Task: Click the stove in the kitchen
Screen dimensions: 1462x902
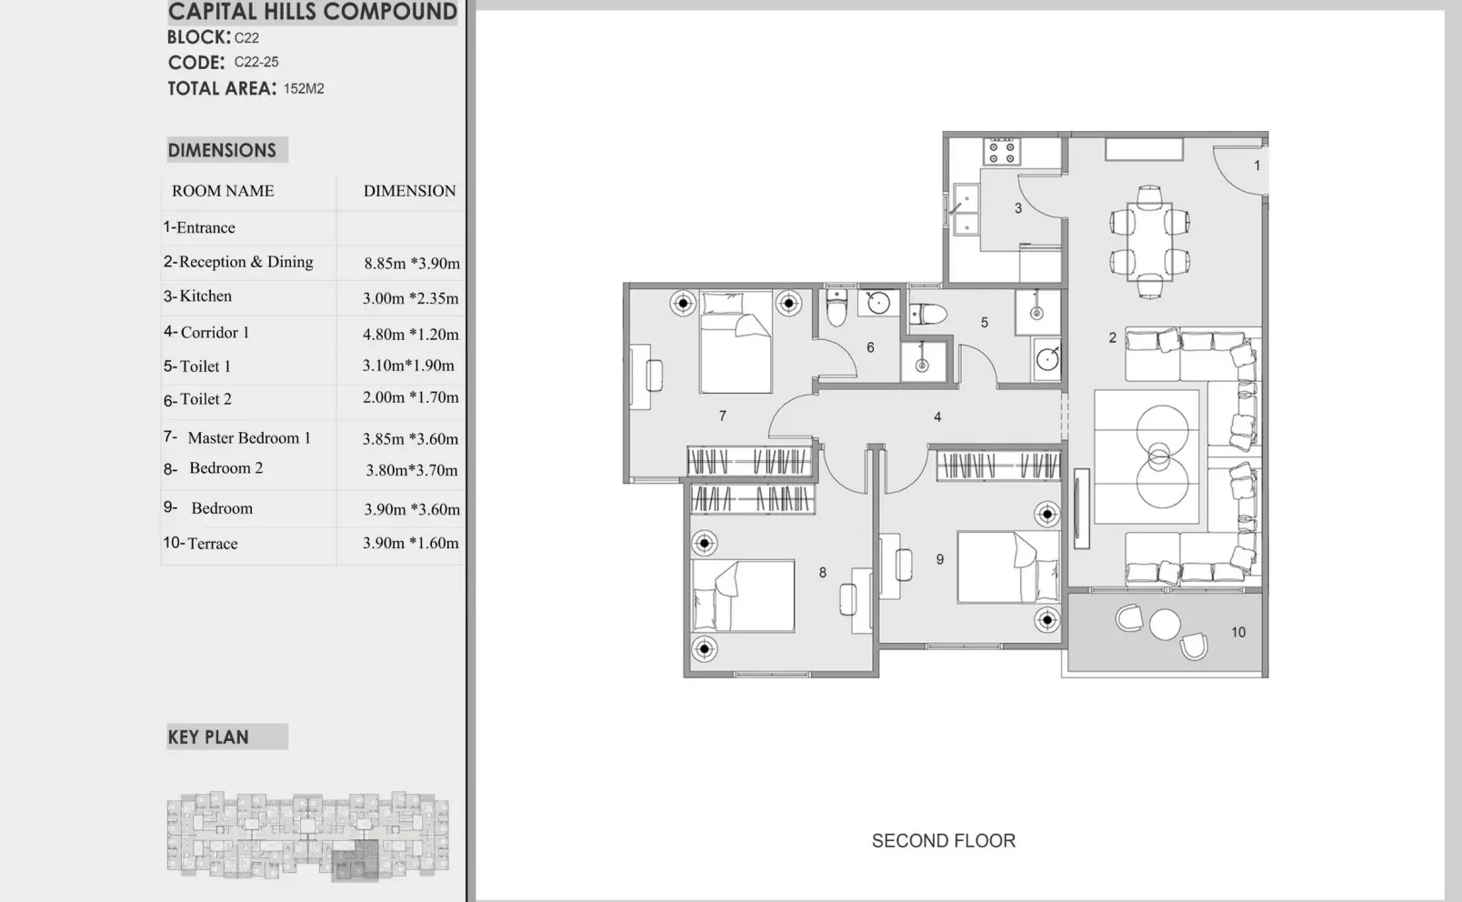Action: point(1002,152)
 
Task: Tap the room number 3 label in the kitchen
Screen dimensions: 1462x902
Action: point(1018,208)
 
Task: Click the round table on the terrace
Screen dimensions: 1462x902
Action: point(1165,624)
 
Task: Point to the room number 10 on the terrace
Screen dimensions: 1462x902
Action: point(1238,632)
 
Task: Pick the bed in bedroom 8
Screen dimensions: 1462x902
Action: point(744,596)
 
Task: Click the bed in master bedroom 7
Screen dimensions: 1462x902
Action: point(736,343)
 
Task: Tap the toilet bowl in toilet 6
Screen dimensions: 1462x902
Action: point(836,308)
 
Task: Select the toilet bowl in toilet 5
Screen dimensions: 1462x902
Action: point(927,314)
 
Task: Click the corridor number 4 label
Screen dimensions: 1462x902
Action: point(937,416)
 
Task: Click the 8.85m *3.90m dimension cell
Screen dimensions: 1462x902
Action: point(412,263)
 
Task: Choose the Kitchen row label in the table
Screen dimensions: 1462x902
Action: point(198,296)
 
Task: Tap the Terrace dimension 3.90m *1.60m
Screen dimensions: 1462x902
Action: point(411,543)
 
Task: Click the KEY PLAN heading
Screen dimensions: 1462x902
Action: point(208,737)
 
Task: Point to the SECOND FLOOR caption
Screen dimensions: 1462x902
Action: point(944,841)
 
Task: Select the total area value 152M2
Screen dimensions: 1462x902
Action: point(304,88)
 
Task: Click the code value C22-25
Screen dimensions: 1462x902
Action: point(256,62)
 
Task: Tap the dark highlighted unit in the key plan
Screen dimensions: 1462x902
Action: point(355,861)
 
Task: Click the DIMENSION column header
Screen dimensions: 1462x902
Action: point(410,191)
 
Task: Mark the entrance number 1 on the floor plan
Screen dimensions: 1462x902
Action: point(1257,165)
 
